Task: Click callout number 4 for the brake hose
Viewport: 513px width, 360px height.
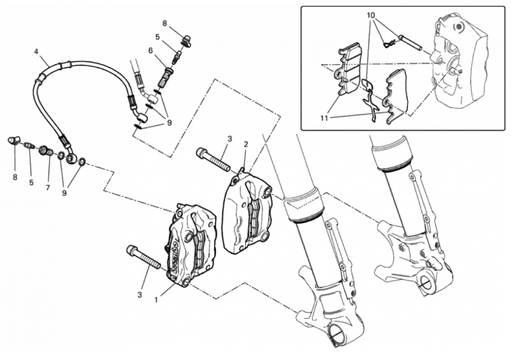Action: (36, 51)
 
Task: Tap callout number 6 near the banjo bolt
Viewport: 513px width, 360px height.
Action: (151, 50)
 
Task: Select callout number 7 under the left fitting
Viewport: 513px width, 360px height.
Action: (48, 188)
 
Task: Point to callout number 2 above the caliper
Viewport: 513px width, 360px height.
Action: (246, 144)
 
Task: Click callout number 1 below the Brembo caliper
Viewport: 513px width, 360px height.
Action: (156, 299)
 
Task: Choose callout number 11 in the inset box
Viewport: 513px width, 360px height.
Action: (324, 118)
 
